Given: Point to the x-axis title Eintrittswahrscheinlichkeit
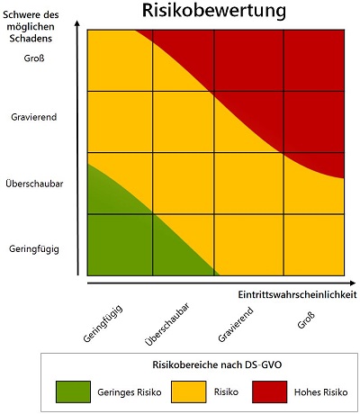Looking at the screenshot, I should click(x=297, y=294).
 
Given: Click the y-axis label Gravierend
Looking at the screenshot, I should click(x=35, y=116).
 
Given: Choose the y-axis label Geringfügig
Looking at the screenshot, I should click(x=34, y=247).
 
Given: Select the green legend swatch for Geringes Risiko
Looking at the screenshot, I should click(x=76, y=391).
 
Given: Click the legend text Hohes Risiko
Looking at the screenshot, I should click(x=319, y=392).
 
